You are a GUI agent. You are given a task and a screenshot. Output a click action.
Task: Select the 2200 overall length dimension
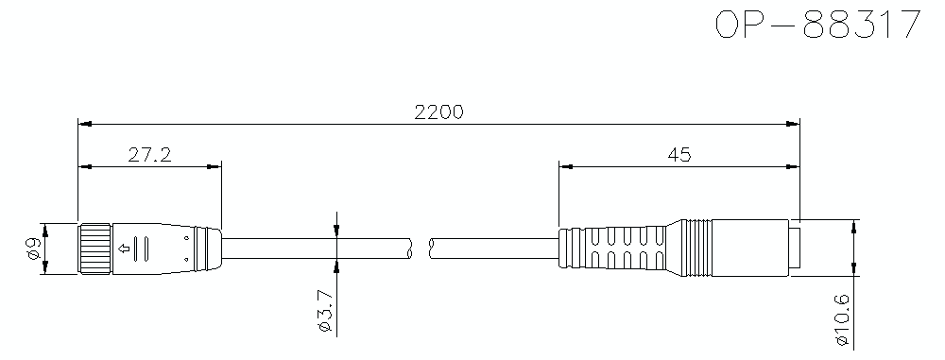(x=438, y=111)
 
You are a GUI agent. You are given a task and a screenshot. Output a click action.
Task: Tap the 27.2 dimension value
(x=149, y=154)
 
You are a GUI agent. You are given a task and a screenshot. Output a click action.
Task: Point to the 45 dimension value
(x=679, y=154)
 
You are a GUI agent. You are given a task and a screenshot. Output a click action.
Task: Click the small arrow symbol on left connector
(x=123, y=249)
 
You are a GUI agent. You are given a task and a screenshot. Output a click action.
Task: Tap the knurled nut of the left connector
(x=94, y=249)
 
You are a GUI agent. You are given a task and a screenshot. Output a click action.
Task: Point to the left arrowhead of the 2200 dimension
(x=83, y=123)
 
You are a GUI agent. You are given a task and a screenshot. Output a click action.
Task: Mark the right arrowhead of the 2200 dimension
(x=794, y=123)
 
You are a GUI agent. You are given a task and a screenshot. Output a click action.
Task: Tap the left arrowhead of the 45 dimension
(x=566, y=165)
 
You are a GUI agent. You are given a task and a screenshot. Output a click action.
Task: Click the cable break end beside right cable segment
(x=431, y=249)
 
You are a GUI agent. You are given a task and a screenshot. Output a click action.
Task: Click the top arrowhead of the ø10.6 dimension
(x=855, y=226)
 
